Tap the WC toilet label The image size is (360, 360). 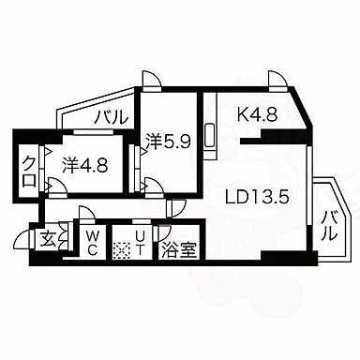pyautogui.click(x=93, y=244)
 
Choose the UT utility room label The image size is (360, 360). pyautogui.click(x=139, y=244)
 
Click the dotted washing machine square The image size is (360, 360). pyautogui.click(x=119, y=250)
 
